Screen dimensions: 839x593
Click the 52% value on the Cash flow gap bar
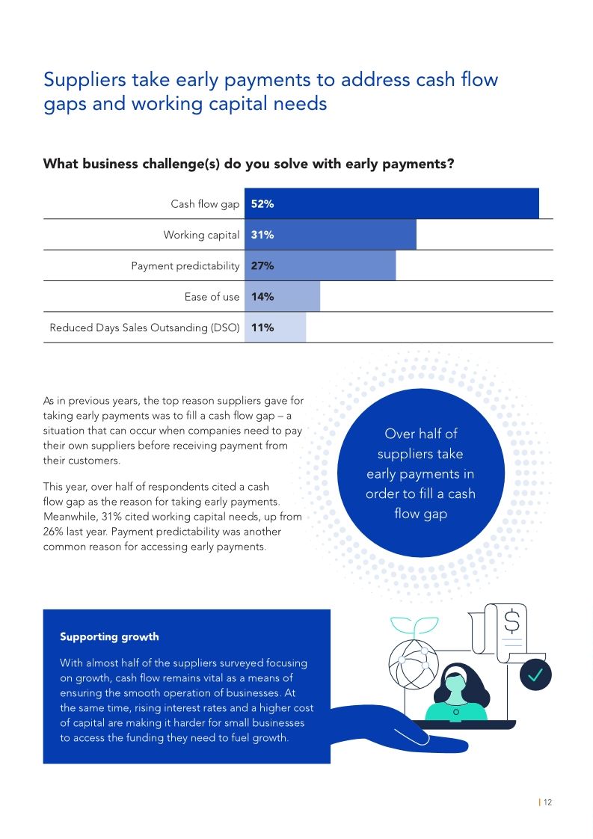coord(262,204)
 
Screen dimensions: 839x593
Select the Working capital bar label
coord(201,235)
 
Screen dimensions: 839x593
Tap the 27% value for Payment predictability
coord(262,265)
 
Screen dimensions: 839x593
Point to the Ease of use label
coord(212,297)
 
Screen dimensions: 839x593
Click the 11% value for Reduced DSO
coord(262,328)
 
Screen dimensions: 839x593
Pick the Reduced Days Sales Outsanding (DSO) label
coord(144,328)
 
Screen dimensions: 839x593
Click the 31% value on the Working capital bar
coord(262,235)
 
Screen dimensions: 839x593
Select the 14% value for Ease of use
coord(262,297)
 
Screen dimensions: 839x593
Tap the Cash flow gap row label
coord(205,204)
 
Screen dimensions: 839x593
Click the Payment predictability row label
coord(185,265)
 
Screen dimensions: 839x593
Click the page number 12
coord(547,802)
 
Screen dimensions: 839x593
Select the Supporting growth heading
coord(109,637)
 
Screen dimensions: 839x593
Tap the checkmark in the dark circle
coord(535,675)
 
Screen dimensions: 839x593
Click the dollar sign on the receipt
coord(512,621)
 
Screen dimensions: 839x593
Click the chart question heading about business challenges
coord(248,163)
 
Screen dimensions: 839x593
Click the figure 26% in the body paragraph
coord(55,532)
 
